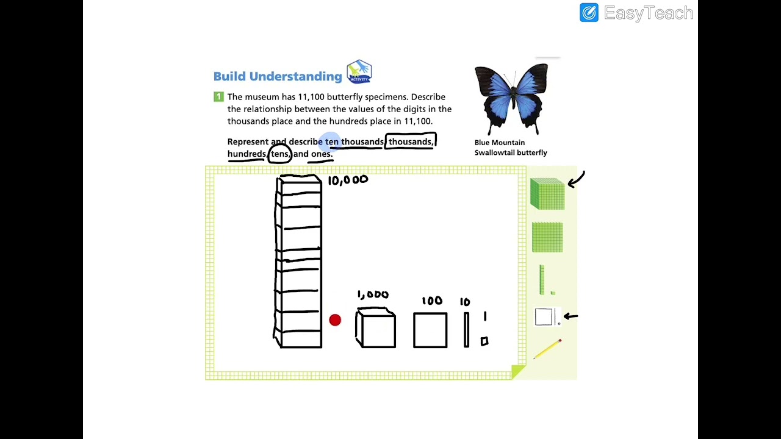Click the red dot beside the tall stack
tap(335, 320)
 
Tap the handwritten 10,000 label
tap(348, 180)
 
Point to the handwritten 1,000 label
tap(373, 294)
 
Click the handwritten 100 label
tap(432, 301)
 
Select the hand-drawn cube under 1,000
tap(375, 327)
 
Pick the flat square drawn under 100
tap(430, 330)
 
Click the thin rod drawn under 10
tap(467, 330)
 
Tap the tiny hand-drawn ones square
tap(484, 341)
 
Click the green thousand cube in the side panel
tap(547, 194)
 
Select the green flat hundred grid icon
tap(547, 237)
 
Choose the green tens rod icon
tap(542, 280)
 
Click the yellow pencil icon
tap(547, 349)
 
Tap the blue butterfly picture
tap(511, 99)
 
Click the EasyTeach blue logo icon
tap(589, 13)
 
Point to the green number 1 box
tap(218, 96)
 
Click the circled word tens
tap(280, 154)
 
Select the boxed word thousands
tap(411, 141)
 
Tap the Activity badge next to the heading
tap(359, 72)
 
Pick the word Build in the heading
tap(230, 76)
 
